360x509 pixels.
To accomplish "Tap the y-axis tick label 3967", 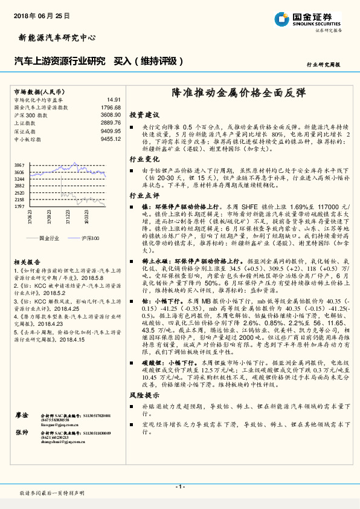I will point(19,165).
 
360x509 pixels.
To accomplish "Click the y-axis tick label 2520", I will point(19,192).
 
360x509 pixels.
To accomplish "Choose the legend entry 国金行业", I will point(49,238).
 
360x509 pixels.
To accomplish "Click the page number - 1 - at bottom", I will point(179,486).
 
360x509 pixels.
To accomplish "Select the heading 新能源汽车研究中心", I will point(54,37).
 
